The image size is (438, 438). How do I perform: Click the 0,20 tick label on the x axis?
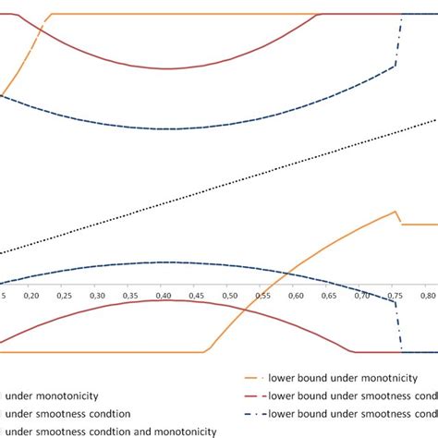31,295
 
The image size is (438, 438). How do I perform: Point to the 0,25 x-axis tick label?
65,295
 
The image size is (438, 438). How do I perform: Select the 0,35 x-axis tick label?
130,295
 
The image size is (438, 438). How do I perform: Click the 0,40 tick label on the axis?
164,295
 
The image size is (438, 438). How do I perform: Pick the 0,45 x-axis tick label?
197,295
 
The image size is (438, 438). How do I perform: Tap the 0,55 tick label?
262,295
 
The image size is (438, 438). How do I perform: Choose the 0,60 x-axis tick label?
296,295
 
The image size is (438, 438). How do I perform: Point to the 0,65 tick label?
328,295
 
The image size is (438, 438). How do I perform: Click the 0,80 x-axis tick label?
427,295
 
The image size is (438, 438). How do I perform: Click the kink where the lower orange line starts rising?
204,352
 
